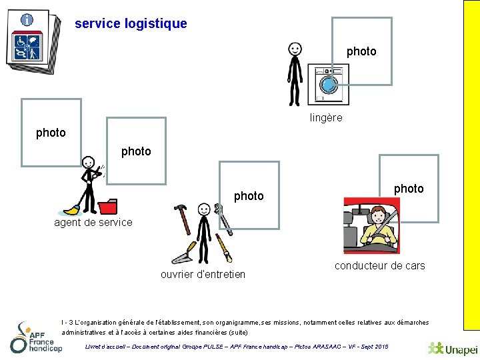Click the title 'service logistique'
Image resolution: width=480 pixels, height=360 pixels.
pos(131,24)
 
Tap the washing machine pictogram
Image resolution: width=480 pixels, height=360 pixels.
pos(327,85)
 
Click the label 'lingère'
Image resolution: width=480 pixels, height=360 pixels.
pos(326,118)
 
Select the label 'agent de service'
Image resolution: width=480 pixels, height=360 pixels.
pos(93,223)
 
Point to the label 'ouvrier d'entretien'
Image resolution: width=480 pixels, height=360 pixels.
pos(203,275)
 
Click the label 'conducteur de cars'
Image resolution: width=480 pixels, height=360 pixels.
pos(379,266)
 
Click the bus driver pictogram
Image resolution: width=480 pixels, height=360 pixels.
pos(371,227)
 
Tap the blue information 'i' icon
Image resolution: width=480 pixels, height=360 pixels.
pos(27,19)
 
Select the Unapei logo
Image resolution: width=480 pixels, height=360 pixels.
pos(453,348)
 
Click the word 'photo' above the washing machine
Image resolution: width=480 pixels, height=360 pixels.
pos(361,51)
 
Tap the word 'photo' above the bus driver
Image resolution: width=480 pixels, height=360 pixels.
pos(409,189)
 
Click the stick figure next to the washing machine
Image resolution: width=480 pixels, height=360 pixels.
pos(294,73)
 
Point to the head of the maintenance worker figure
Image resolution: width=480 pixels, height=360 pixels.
pos(204,209)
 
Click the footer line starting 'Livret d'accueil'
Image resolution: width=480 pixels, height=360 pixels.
pos(237,347)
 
